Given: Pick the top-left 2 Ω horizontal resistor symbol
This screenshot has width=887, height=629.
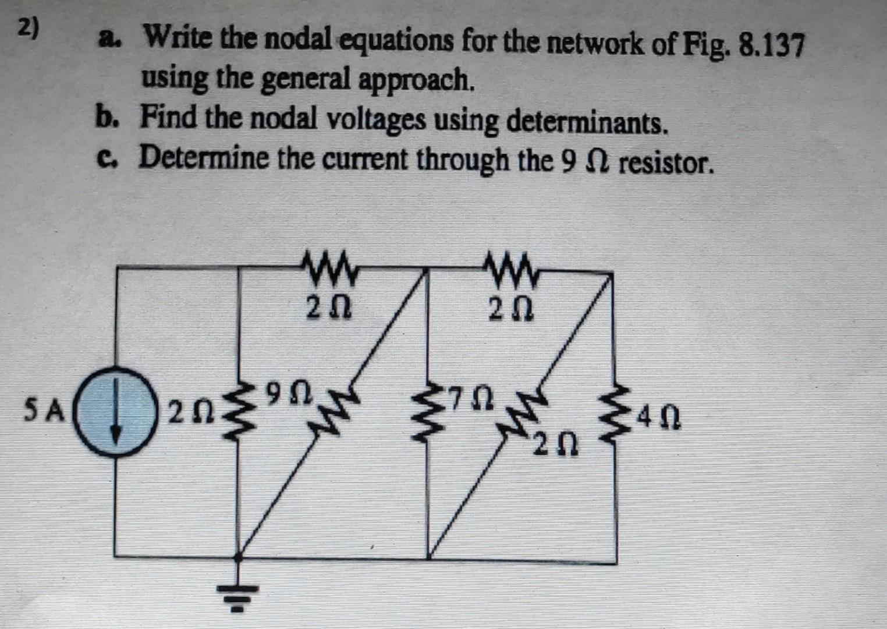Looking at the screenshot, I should click(331, 268).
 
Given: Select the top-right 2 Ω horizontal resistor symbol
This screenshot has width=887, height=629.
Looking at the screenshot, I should click(514, 268).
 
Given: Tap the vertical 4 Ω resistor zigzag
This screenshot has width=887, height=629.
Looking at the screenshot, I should click(616, 416).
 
